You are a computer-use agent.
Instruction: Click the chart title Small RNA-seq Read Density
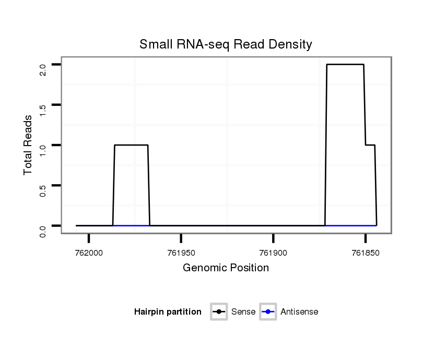[226, 44]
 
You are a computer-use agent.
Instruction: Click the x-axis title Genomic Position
[226, 268]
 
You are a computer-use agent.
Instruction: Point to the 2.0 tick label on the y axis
[43, 69]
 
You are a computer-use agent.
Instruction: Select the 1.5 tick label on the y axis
[43, 110]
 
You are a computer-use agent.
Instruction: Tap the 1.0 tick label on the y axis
[43, 150]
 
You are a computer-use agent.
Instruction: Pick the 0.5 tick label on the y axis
[43, 190]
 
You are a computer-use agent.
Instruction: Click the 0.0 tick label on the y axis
[43, 231]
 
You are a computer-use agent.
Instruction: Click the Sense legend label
[243, 312]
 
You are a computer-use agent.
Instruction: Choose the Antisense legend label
[299, 312]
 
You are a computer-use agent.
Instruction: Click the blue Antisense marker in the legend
[268, 312]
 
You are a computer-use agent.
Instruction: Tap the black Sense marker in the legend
[219, 312]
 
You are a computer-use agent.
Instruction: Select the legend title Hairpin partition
[168, 312]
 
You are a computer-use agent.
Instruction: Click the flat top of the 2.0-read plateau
[345, 65]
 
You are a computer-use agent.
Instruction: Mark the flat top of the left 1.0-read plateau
[131, 145]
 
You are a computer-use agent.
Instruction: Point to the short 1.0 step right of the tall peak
[370, 145]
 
